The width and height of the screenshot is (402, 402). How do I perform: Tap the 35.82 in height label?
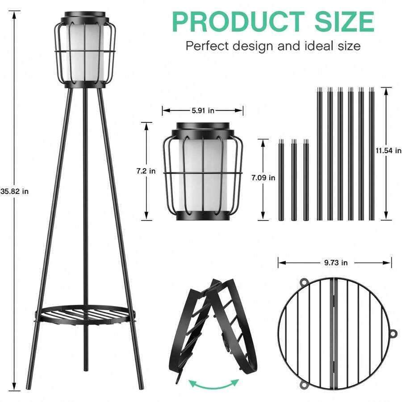click(x=14, y=191)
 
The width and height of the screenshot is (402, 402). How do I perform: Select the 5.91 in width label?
click(x=202, y=110)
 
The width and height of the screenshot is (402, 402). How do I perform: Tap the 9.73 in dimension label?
click(x=335, y=263)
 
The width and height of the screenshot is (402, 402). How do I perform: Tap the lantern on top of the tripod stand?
click(x=84, y=49)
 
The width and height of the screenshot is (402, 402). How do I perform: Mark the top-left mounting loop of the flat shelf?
click(x=304, y=282)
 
